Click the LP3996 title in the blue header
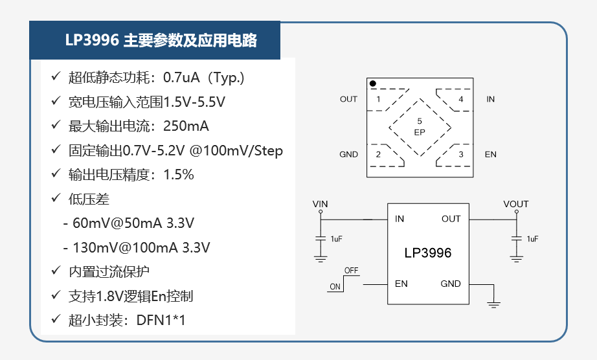point(92,40)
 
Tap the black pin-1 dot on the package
point(373,84)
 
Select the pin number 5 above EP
point(420,121)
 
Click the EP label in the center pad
point(420,133)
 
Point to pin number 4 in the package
point(460,99)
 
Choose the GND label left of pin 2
point(349,155)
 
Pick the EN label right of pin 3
point(490,155)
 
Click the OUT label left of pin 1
point(349,99)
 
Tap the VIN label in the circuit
point(321,204)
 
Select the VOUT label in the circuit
point(516,204)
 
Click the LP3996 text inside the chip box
point(428,253)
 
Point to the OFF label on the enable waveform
point(351,270)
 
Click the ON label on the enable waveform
point(335,287)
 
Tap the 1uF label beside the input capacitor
point(337,239)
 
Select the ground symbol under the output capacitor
point(516,259)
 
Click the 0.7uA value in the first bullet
point(181,77)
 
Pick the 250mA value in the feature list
point(186,126)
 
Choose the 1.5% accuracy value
point(179,175)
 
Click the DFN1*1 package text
point(161,321)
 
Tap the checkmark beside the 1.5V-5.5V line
point(56,100)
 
